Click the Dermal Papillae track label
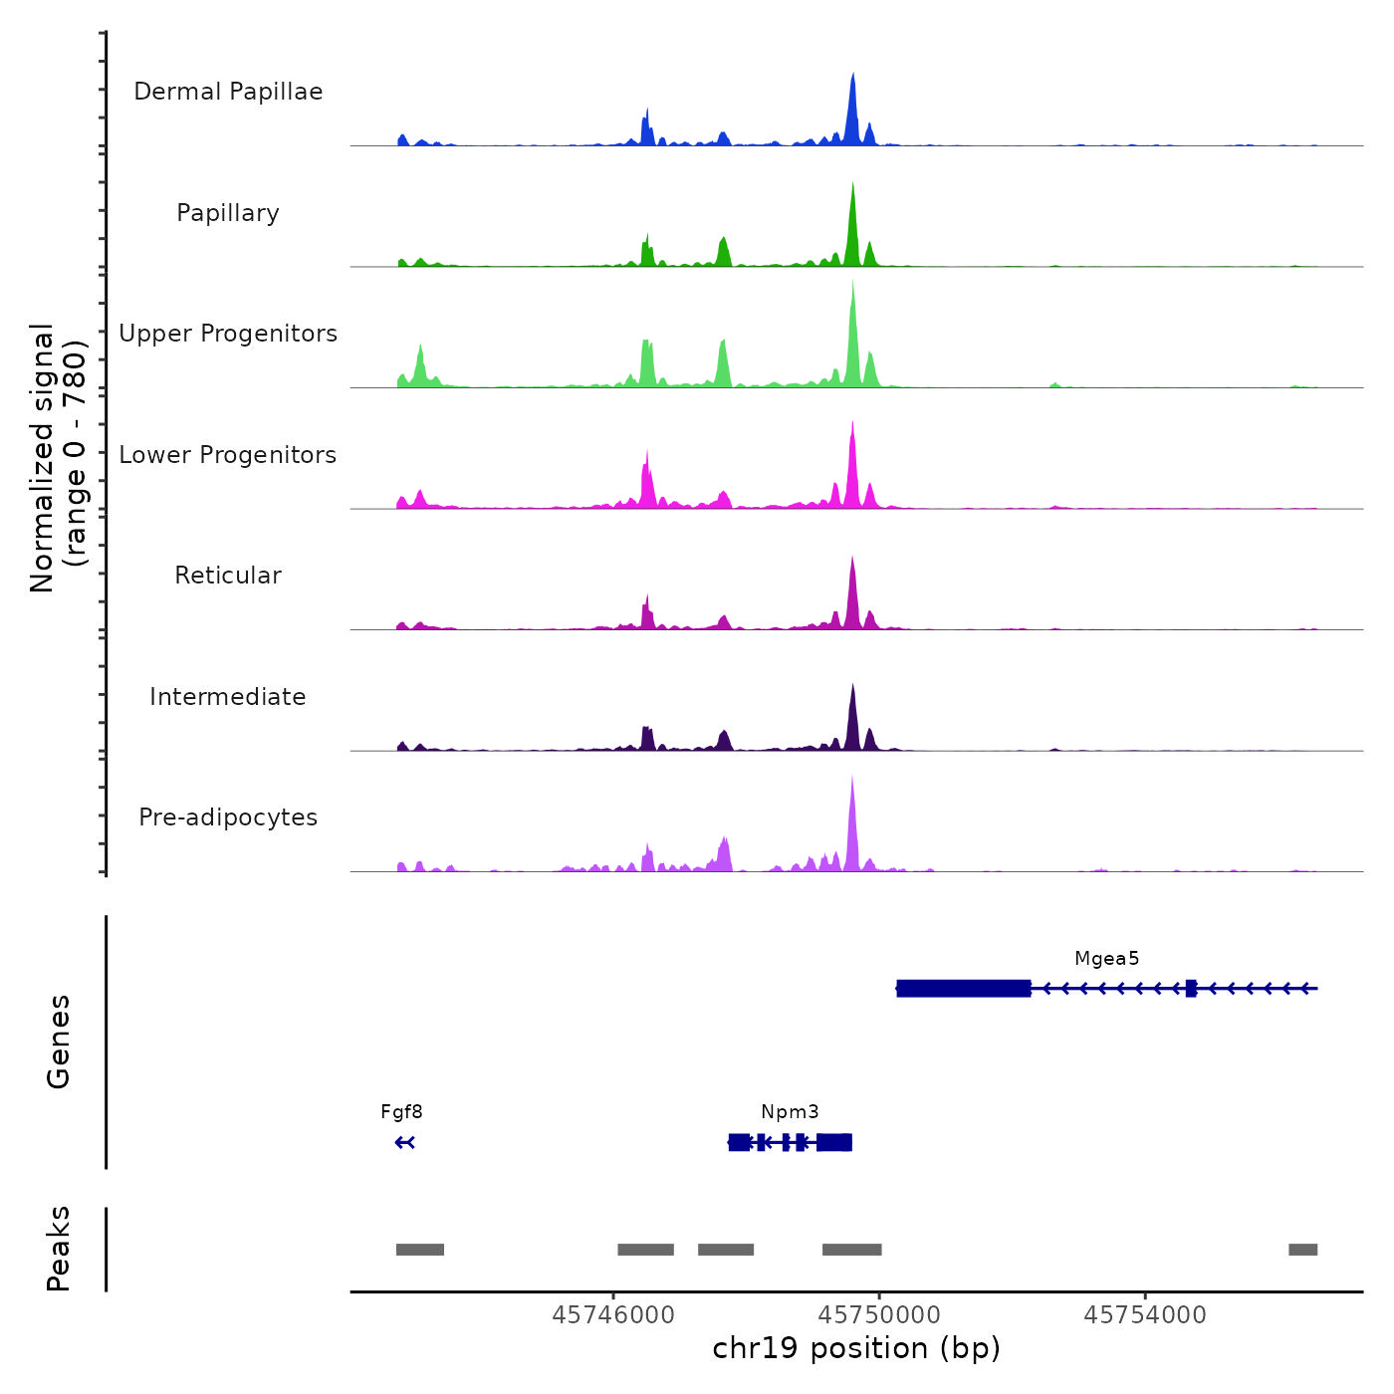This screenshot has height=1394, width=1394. tap(228, 92)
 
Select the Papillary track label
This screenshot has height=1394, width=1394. tap(228, 213)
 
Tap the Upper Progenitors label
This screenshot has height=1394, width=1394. tap(228, 334)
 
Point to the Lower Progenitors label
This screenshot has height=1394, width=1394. tap(228, 455)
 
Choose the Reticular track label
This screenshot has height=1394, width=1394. tap(228, 576)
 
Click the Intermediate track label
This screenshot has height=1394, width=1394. tap(228, 697)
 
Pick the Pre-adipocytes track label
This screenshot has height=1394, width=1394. tap(228, 817)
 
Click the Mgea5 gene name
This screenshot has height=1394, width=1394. tap(1106, 959)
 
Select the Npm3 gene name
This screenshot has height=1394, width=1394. tap(790, 1112)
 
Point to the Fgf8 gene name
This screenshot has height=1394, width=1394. tap(401, 1112)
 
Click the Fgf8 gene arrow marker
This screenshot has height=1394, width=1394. tap(404, 1142)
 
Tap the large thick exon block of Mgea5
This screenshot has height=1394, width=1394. tap(963, 989)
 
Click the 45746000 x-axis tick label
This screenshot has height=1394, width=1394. tap(613, 1315)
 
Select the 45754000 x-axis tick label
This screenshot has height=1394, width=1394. tap(1145, 1315)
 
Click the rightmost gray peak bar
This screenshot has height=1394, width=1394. tap(1302, 1250)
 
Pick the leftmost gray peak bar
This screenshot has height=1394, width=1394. tap(419, 1250)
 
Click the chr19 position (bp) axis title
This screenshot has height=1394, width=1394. tap(856, 1349)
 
